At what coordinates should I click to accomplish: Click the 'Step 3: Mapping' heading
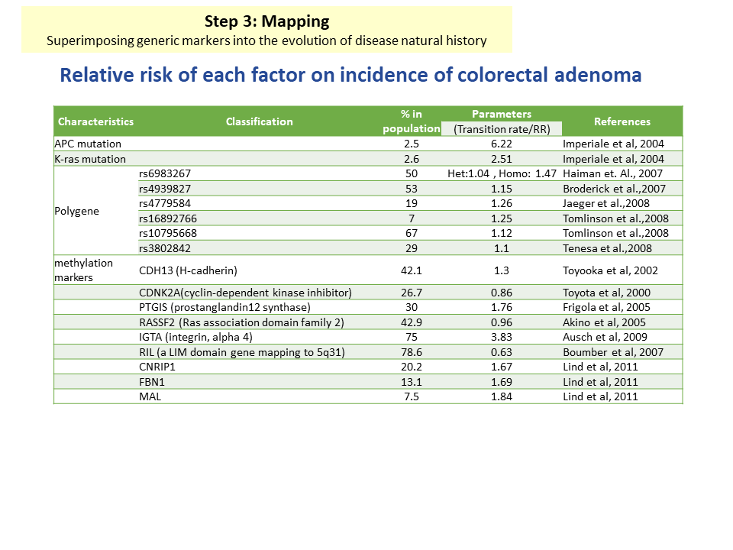point(267,21)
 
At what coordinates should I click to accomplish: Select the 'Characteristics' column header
point(96,121)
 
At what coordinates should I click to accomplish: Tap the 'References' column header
point(622,121)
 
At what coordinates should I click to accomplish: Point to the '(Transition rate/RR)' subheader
point(502,129)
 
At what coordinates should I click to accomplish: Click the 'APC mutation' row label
point(88,144)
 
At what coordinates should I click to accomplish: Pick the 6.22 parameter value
point(502,144)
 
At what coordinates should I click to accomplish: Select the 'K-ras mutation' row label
point(90,159)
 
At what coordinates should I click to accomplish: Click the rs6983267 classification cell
point(165,173)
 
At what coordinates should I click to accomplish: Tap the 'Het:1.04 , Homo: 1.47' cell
point(502,173)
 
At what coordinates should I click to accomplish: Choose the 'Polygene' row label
point(76,211)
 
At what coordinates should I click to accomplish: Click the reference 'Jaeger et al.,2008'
point(606,203)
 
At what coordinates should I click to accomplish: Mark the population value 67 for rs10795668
point(412,233)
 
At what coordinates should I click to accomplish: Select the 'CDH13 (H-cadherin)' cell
point(188,270)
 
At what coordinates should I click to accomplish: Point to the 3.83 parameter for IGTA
point(502,337)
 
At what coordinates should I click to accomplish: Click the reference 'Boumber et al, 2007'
point(613,352)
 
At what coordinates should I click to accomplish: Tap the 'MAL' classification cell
point(150,396)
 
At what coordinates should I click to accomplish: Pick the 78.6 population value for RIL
point(412,352)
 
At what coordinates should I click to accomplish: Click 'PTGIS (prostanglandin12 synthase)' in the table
point(224,307)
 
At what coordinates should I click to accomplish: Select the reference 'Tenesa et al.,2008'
point(607,248)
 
